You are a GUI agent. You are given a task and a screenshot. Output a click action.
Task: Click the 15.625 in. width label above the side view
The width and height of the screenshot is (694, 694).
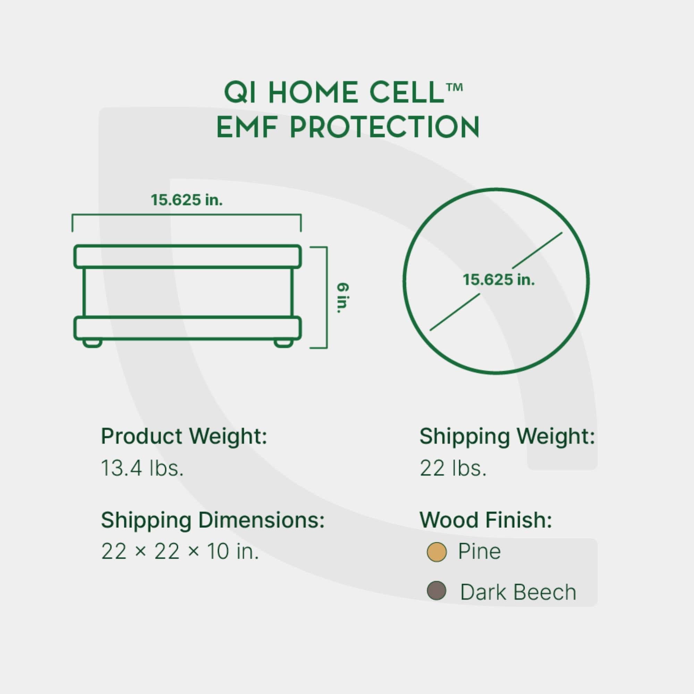[x=186, y=200]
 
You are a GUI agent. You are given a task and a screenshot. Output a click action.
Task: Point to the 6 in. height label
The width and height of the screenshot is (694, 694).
[x=343, y=298]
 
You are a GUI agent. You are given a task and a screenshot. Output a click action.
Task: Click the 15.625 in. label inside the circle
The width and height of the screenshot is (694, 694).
[x=499, y=280]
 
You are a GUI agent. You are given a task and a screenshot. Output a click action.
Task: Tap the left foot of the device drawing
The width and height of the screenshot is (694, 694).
[x=92, y=343]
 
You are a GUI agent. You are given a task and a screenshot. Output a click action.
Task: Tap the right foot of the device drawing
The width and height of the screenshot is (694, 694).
[x=283, y=343]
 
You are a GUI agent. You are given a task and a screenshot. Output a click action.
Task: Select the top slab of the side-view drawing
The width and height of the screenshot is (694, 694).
[x=187, y=256]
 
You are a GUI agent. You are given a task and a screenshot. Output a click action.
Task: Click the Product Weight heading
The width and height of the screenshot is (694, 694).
[x=184, y=437]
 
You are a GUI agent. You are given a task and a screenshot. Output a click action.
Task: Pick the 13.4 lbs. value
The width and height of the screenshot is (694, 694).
[x=142, y=468]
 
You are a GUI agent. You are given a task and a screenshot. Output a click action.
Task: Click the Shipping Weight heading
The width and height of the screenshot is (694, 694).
[x=507, y=437]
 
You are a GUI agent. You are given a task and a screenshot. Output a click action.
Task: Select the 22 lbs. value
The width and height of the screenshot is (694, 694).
[x=453, y=468]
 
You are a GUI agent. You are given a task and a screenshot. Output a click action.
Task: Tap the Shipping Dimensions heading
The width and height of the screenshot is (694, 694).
[x=213, y=520]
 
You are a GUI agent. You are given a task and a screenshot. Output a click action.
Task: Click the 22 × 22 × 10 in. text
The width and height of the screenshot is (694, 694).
[x=180, y=551]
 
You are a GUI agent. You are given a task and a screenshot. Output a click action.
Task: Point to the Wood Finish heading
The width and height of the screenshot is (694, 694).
[x=485, y=520]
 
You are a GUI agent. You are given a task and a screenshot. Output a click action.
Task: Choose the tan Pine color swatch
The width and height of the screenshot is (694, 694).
[x=437, y=552]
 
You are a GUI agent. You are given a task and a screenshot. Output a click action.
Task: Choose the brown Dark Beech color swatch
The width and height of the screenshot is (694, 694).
[x=437, y=591]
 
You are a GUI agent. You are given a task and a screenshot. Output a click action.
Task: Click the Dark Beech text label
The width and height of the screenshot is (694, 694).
[x=518, y=592]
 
